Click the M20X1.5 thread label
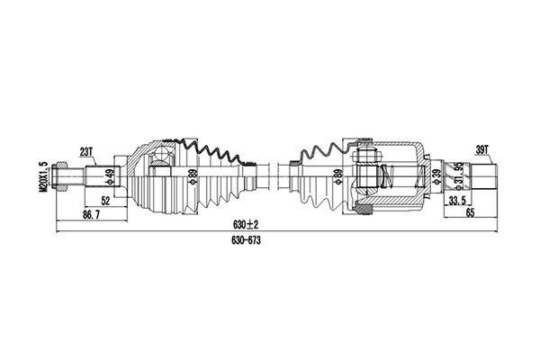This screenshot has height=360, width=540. (42, 176)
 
